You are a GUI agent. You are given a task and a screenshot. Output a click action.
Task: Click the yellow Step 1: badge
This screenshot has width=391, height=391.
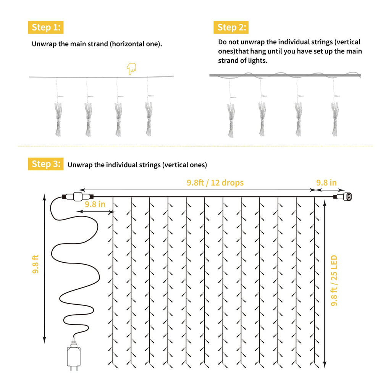(x=45, y=27)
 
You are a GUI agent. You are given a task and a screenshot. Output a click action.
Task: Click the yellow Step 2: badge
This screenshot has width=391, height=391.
(x=231, y=27)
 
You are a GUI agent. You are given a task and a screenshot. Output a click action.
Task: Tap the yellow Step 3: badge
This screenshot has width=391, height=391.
(x=45, y=164)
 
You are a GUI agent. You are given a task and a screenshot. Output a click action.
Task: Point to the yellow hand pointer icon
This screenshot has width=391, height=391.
(x=131, y=69)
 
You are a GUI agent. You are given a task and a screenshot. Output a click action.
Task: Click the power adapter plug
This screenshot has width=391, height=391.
(x=74, y=355)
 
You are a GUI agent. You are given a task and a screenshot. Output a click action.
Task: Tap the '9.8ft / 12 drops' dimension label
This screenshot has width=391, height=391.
(x=215, y=183)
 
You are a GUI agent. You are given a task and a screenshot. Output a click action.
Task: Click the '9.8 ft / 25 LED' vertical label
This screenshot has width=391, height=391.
(x=334, y=281)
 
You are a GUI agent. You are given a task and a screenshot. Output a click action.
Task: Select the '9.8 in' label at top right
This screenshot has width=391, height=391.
(x=326, y=183)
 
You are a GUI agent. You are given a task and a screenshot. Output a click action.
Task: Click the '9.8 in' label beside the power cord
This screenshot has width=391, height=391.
(x=95, y=204)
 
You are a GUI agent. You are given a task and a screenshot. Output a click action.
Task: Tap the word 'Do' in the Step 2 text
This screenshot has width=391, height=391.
(x=223, y=42)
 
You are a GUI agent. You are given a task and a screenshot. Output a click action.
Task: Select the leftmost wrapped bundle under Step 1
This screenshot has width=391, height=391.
(x=57, y=118)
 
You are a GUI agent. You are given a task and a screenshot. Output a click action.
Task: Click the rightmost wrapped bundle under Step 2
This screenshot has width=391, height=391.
(x=334, y=118)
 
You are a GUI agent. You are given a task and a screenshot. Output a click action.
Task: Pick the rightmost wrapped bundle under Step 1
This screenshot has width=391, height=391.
(x=149, y=118)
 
